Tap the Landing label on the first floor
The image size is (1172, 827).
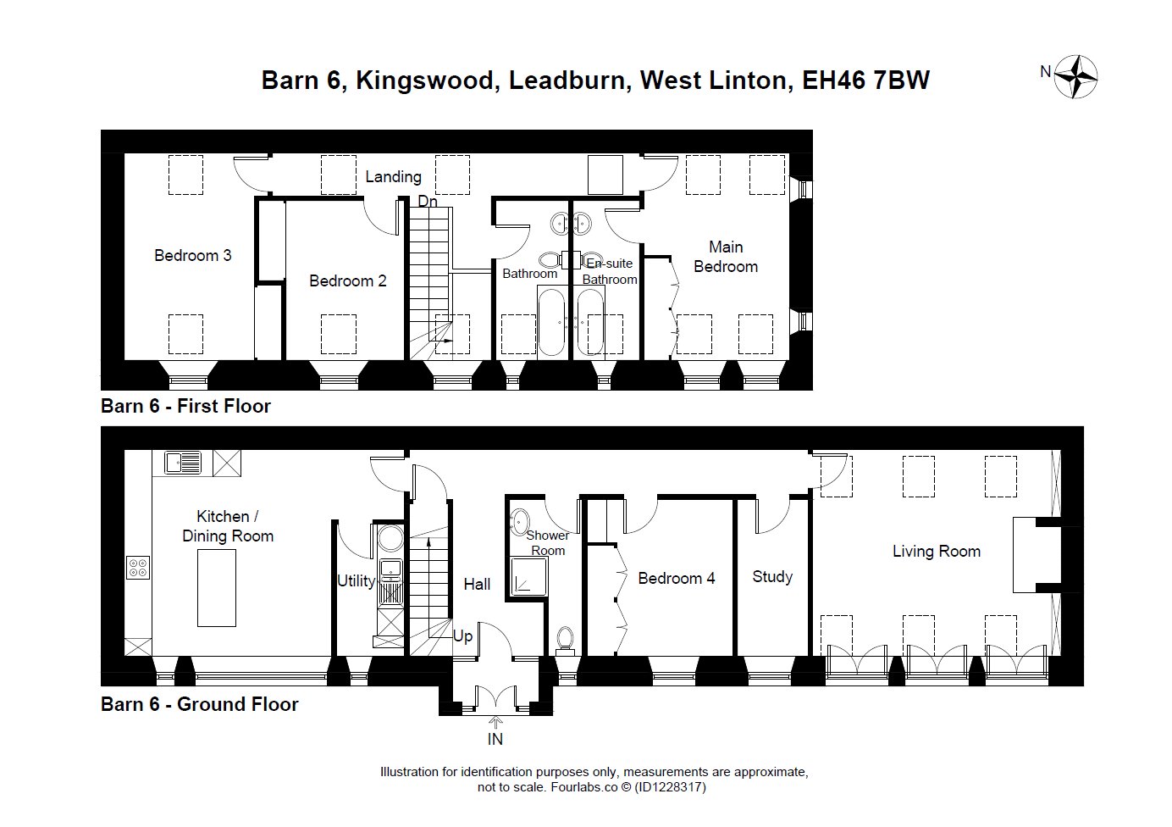393,177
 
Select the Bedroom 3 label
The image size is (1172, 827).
192,255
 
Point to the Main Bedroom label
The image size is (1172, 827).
726,257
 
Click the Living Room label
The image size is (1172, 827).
936,551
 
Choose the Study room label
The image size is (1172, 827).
772,577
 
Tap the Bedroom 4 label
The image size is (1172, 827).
676,579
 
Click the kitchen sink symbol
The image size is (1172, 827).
183,463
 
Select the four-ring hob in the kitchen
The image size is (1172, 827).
138,568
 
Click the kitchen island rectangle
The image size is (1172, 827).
217,588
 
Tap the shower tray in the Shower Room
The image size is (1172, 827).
530,577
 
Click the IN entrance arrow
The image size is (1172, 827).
495,722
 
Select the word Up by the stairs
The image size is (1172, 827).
462,636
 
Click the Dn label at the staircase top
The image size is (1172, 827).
428,201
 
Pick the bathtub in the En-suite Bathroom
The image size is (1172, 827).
591,322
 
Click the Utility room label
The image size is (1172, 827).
356,581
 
